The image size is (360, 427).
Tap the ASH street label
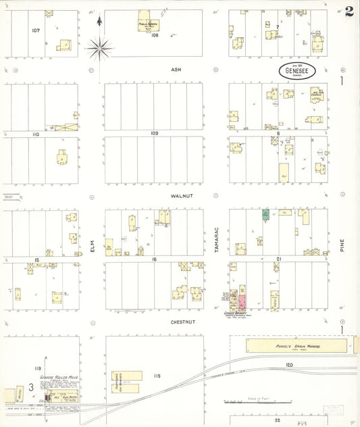click(x=176, y=69)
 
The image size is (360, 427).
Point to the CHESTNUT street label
click(x=182, y=322)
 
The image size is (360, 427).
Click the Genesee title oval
click(x=297, y=70)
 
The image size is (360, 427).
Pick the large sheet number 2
click(x=349, y=11)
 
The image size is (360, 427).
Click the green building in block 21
click(x=266, y=216)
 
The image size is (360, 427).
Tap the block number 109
click(x=155, y=134)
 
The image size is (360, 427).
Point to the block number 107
click(x=35, y=30)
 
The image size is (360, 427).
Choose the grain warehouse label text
click(x=297, y=346)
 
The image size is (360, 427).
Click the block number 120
click(x=289, y=365)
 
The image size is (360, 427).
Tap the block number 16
click(x=155, y=259)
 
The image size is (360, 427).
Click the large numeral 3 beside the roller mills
click(x=31, y=388)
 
